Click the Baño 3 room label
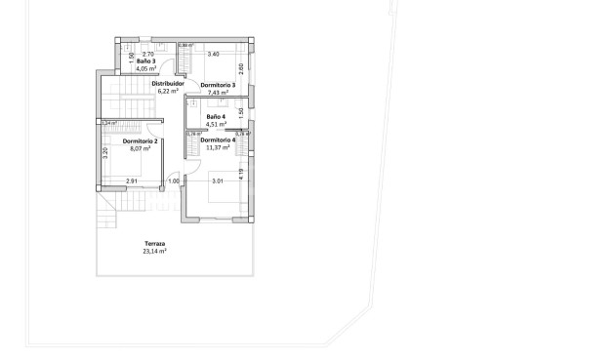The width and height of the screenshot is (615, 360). [145, 61]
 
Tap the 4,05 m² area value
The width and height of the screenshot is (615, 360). [145, 69]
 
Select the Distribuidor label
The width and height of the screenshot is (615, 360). [168, 84]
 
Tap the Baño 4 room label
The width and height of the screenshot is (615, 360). [216, 117]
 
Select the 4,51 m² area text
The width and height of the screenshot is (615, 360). [216, 125]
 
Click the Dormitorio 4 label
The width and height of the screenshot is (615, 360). [218, 140]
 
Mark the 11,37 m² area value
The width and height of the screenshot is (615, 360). [218, 148]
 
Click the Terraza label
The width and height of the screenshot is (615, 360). [155, 243]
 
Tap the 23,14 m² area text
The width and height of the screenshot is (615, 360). [155, 251]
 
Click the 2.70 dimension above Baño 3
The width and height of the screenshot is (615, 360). [148, 55]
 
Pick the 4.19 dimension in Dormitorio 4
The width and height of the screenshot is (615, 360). [240, 173]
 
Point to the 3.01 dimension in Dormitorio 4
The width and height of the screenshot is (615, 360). [219, 181]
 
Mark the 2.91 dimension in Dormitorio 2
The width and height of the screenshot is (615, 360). [132, 181]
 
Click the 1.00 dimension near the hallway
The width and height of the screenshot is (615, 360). [174, 181]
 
